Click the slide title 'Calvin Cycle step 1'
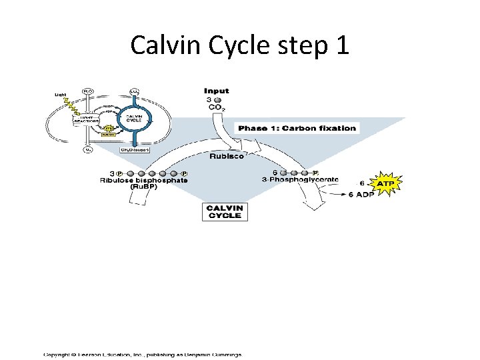point(239,45)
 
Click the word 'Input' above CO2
point(217,91)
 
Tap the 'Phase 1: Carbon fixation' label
point(297,128)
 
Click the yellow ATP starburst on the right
point(385,182)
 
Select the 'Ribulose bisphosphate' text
point(143,180)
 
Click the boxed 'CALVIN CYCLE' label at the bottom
point(225,211)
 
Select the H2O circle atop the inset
point(88,91)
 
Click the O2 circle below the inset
point(88,150)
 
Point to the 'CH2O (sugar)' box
point(134,150)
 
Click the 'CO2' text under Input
point(217,107)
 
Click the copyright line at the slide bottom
point(143,354)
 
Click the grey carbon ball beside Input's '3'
point(217,99)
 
